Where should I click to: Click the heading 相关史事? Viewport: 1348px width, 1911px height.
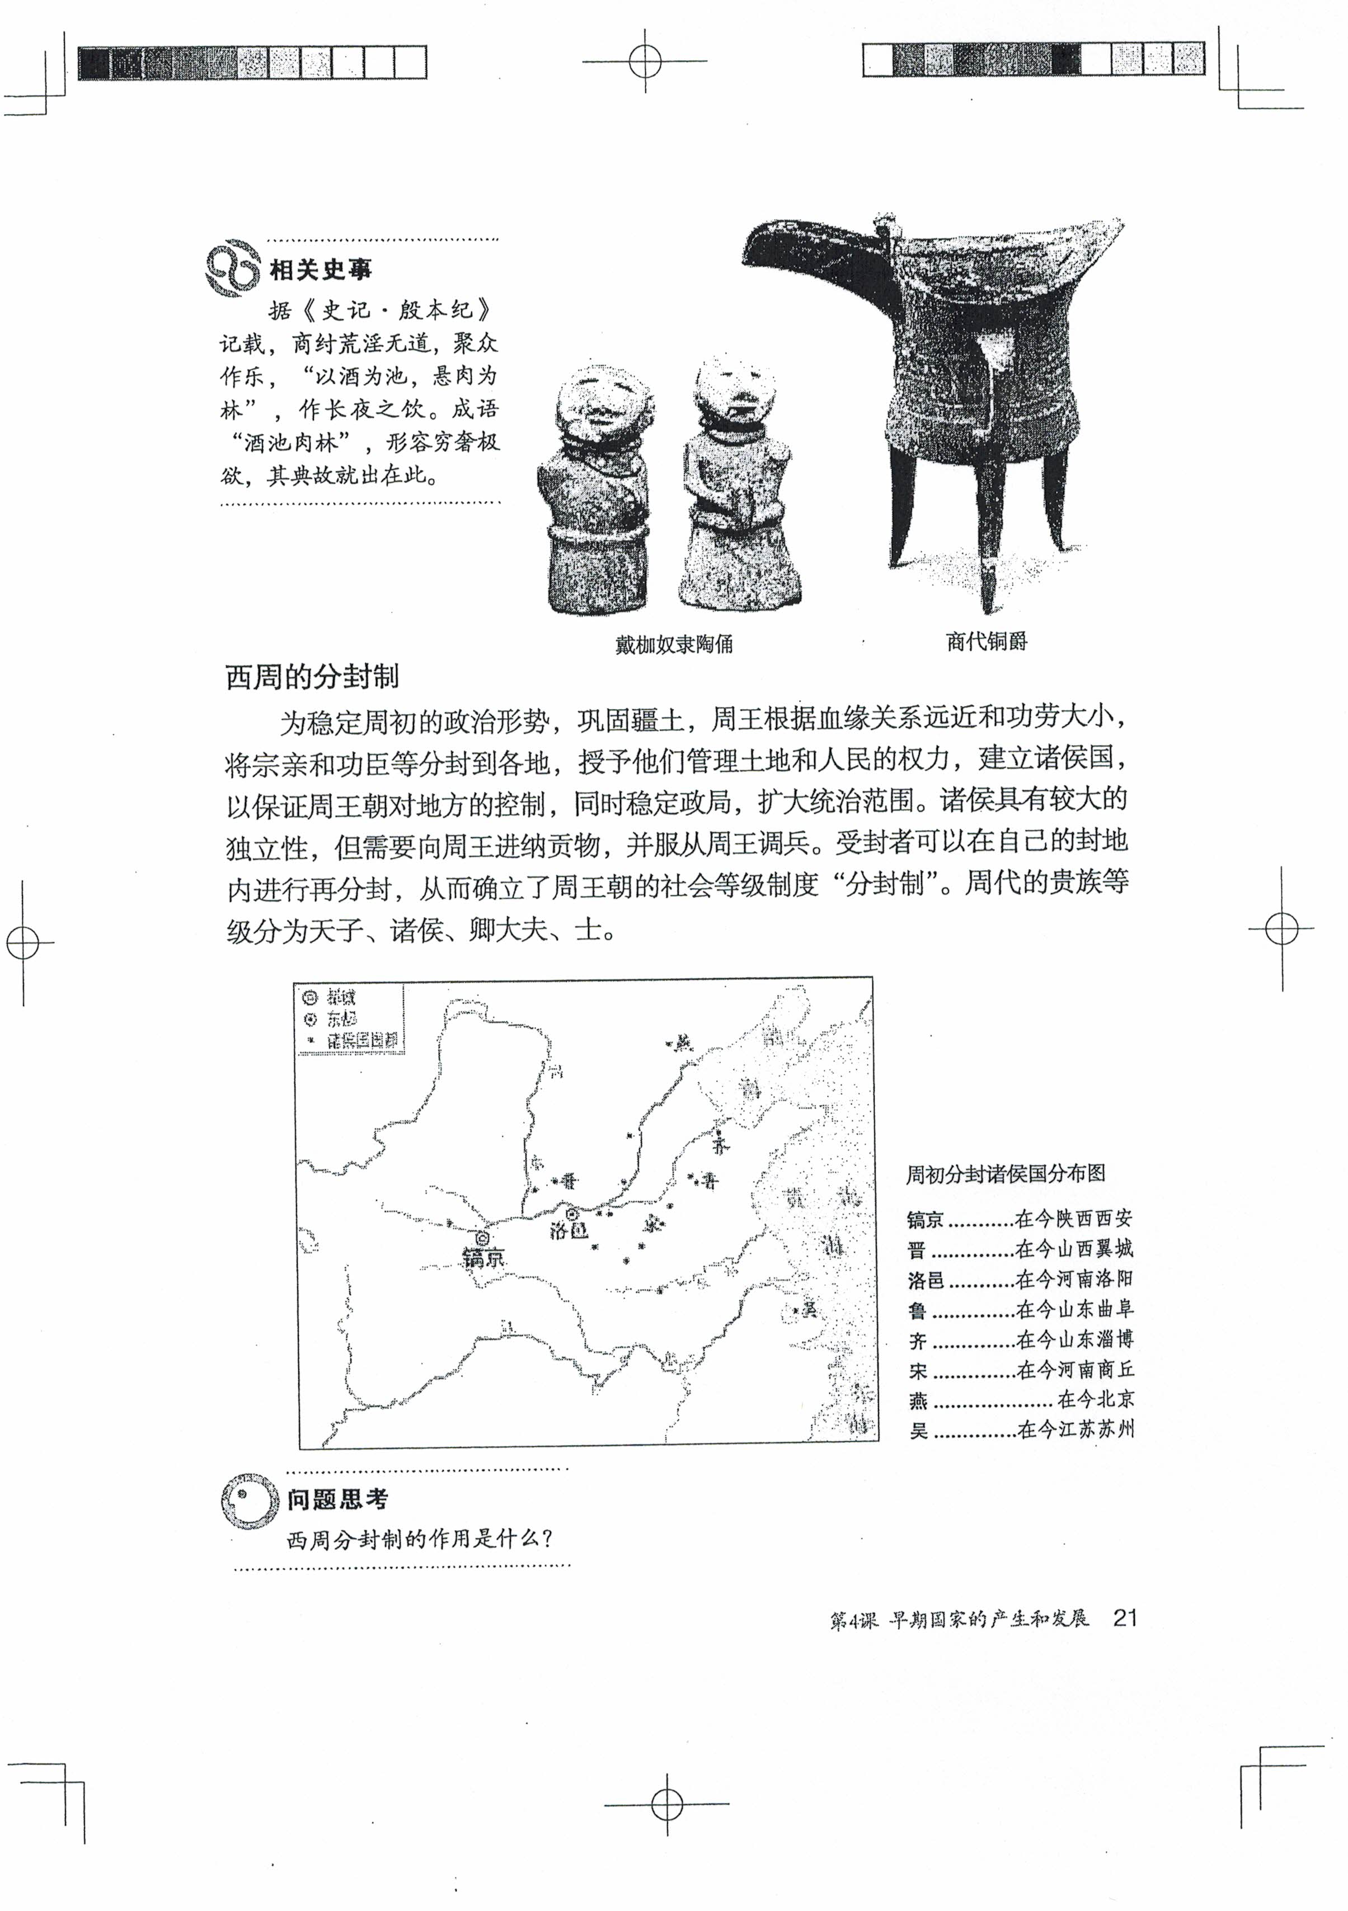(321, 270)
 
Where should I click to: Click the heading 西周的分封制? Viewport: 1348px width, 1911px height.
(312, 677)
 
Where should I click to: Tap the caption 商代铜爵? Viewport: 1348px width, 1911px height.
(986, 641)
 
